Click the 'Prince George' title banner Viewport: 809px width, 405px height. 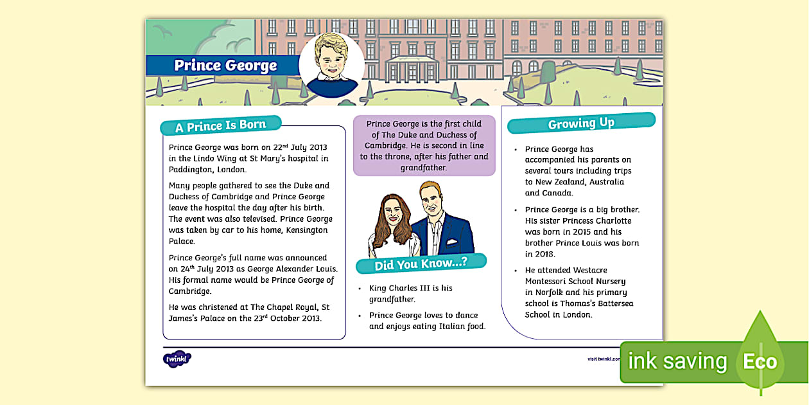(x=225, y=66)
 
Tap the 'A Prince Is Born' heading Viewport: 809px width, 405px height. (x=221, y=126)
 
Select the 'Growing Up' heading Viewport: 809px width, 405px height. (x=581, y=123)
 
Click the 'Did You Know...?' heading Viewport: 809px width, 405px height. (x=421, y=264)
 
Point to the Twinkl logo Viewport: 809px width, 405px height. (x=177, y=359)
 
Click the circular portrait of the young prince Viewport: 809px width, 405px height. (x=331, y=64)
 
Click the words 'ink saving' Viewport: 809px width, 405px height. (x=677, y=362)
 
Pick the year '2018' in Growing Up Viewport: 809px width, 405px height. (x=535, y=254)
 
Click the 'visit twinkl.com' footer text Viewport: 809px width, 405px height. (x=604, y=359)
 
